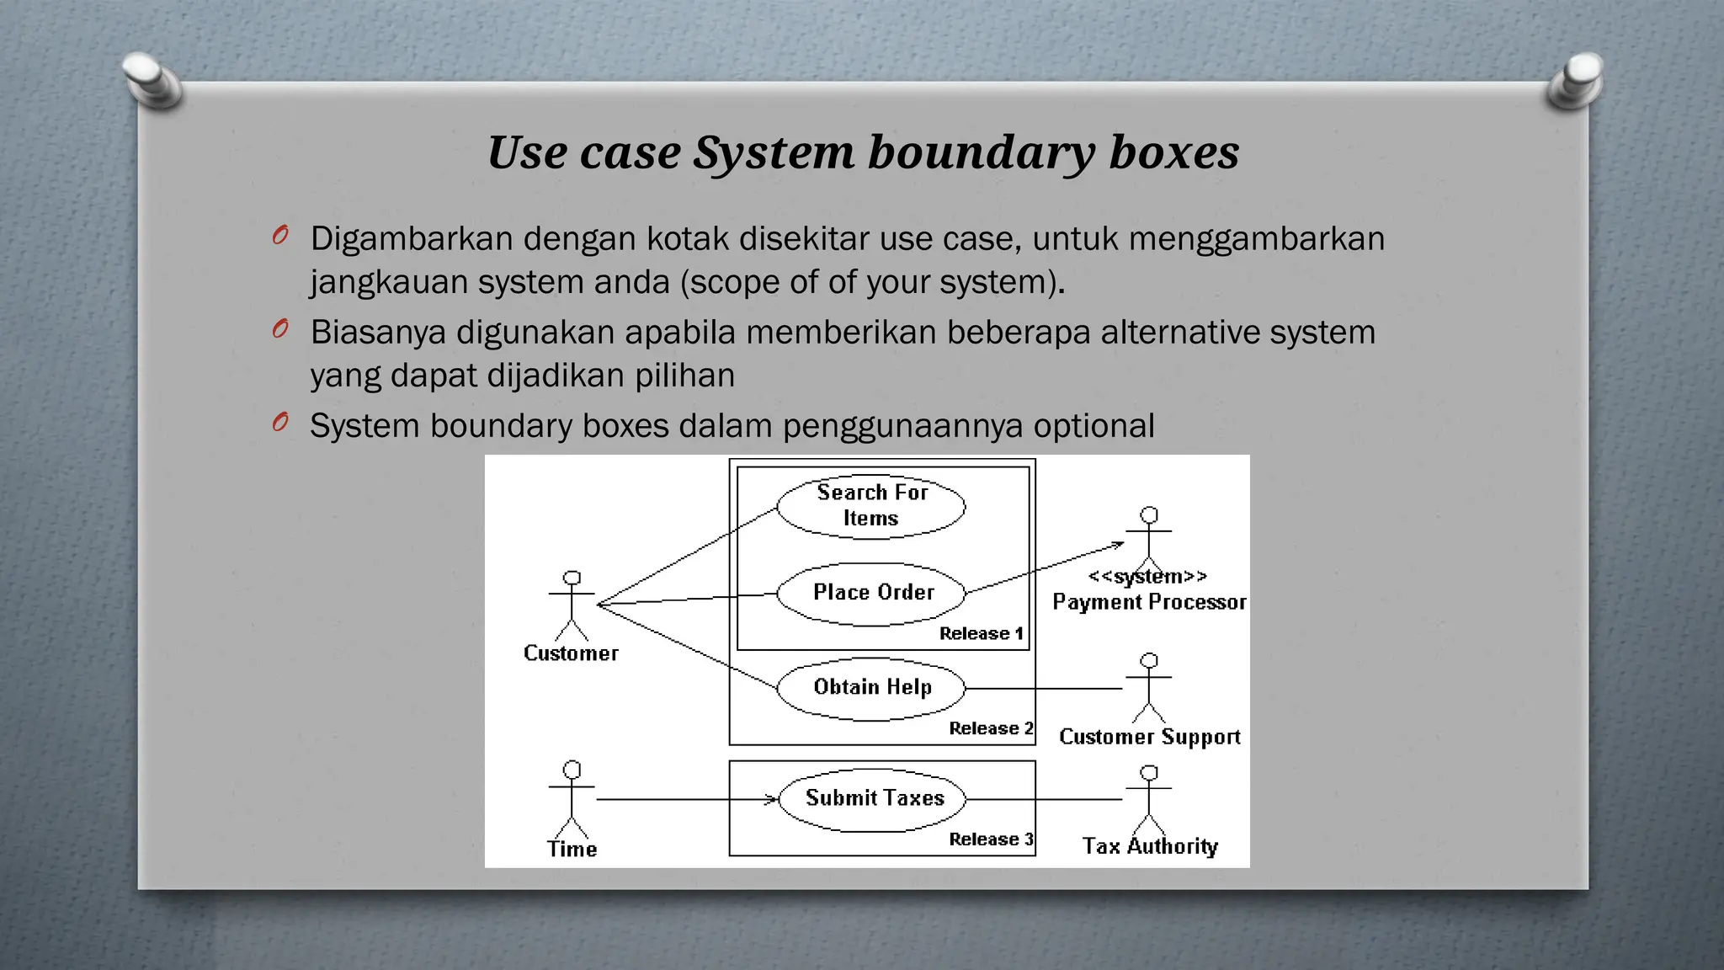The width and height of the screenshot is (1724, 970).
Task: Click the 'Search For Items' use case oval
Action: (871, 506)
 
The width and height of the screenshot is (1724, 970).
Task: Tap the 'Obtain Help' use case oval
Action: (871, 688)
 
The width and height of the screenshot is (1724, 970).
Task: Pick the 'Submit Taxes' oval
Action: (873, 799)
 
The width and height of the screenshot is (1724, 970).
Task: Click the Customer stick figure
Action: (572, 605)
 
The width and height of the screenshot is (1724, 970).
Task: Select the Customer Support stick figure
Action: (1149, 688)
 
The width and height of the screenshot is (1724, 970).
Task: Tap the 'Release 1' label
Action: (982, 633)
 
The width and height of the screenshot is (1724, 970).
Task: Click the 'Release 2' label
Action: (991, 728)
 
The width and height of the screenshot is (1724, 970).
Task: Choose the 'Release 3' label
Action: (991, 839)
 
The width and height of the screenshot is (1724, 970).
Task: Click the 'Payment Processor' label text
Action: (1149, 602)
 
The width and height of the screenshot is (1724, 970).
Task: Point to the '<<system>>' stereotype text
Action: (1147, 577)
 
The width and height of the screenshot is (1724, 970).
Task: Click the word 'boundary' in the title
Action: (982, 153)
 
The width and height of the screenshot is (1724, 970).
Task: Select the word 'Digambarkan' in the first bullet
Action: (412, 239)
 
